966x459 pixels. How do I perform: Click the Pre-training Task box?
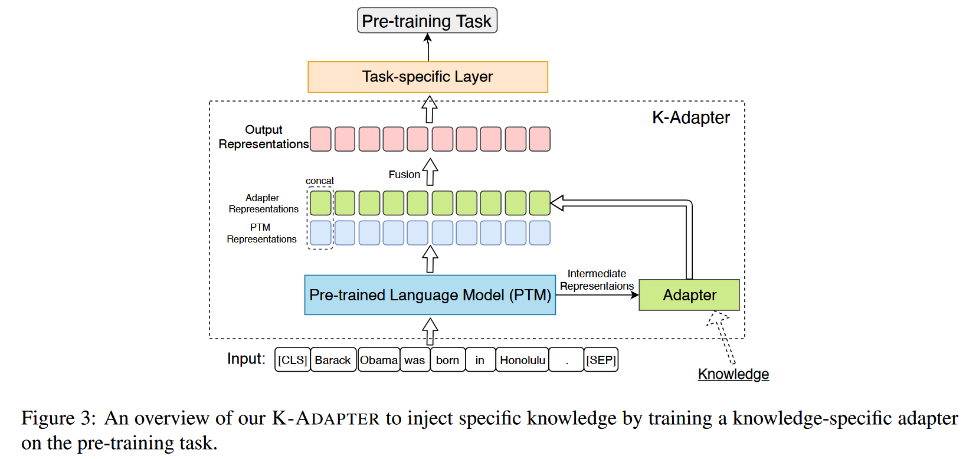pos(427,21)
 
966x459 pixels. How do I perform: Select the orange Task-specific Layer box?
pos(428,77)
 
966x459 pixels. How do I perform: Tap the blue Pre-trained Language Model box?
pos(430,294)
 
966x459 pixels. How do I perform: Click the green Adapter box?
pos(689,294)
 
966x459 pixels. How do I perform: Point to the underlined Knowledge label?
pos(733,374)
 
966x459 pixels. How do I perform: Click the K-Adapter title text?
pos(690,117)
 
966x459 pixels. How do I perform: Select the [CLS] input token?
pos(293,360)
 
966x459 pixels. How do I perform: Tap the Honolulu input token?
pos(522,360)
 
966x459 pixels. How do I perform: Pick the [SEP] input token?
pos(601,360)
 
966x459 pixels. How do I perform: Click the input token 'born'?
pos(447,360)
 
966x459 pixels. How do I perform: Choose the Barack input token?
pos(333,360)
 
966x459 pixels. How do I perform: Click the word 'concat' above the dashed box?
pos(319,181)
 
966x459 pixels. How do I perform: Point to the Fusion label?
pos(404,175)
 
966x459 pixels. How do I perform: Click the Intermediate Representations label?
pos(597,280)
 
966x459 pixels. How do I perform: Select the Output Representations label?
pos(263,137)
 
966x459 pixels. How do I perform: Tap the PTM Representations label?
pos(261,233)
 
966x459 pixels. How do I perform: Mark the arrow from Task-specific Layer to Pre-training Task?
pos(428,47)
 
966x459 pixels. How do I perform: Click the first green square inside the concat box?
pos(320,203)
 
